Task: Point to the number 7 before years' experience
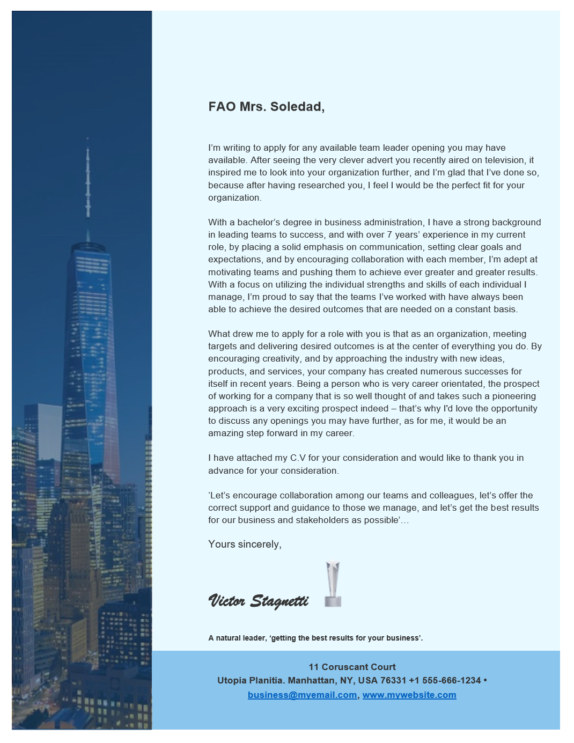click(389, 235)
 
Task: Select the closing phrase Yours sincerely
click(245, 545)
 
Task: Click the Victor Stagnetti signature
click(258, 601)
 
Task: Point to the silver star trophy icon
click(333, 584)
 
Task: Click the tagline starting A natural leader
click(315, 638)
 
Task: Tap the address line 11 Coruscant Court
click(352, 667)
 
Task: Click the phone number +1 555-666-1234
click(445, 681)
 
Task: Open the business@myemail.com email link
click(302, 695)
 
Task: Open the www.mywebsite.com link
click(409, 695)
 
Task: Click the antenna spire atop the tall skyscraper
click(88, 182)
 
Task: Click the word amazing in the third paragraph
click(225, 433)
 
